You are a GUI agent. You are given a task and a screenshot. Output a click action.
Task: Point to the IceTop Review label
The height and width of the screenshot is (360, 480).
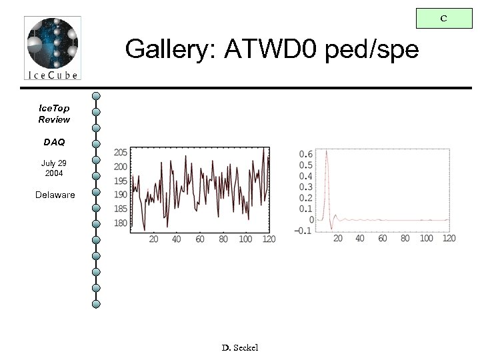tap(54, 113)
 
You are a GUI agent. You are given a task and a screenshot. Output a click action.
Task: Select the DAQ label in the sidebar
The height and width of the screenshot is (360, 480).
tap(54, 142)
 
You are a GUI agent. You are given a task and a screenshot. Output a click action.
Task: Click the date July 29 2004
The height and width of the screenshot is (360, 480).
tap(54, 168)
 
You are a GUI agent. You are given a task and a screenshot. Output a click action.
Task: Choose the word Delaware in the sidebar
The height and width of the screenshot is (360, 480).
tap(55, 195)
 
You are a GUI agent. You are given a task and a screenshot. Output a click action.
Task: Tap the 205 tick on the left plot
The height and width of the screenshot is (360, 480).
tap(121, 152)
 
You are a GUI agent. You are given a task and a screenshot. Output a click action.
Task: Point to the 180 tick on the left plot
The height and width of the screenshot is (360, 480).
tap(121, 223)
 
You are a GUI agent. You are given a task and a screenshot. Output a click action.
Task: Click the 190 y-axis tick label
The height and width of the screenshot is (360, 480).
tap(121, 195)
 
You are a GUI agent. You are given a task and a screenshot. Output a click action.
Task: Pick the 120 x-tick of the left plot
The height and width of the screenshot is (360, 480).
tap(268, 239)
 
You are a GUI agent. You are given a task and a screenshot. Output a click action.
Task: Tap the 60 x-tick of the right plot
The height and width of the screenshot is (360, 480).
tap(383, 238)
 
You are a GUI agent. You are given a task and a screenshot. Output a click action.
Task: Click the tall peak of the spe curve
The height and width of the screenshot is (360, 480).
tap(326, 152)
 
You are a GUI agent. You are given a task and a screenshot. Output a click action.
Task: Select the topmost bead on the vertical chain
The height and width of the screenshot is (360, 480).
tap(97, 95)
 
